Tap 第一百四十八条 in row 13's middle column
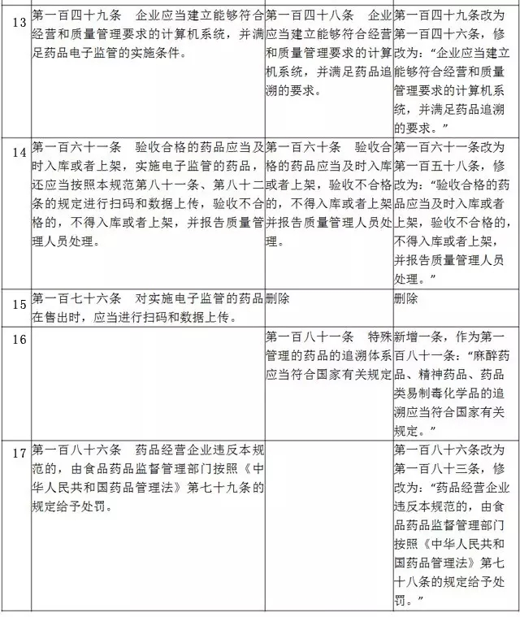310,16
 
